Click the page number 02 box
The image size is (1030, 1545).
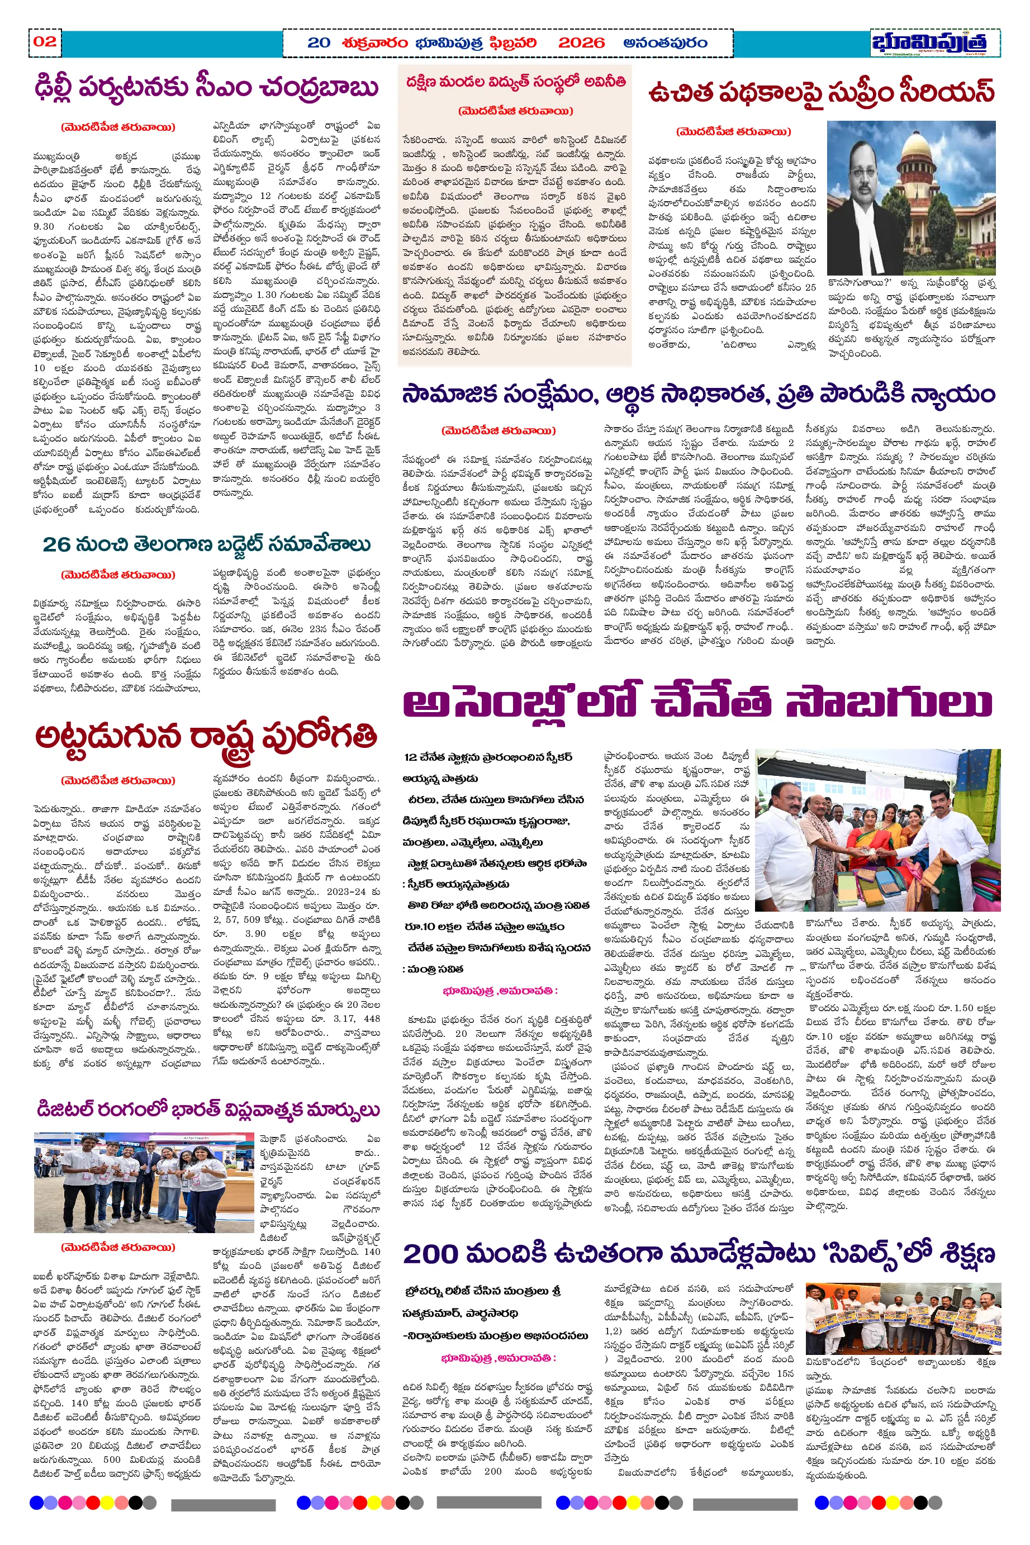click(45, 42)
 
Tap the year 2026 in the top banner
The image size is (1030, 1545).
click(581, 42)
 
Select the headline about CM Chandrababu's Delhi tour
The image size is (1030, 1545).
click(207, 87)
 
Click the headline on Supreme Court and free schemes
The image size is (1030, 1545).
click(821, 93)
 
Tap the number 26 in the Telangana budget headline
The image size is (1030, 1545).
click(56, 544)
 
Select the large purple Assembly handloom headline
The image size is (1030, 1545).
click(697, 702)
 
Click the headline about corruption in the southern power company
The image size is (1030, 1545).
click(516, 83)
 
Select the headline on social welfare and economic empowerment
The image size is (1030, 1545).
click(698, 395)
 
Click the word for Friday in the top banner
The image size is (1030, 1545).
click(374, 42)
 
